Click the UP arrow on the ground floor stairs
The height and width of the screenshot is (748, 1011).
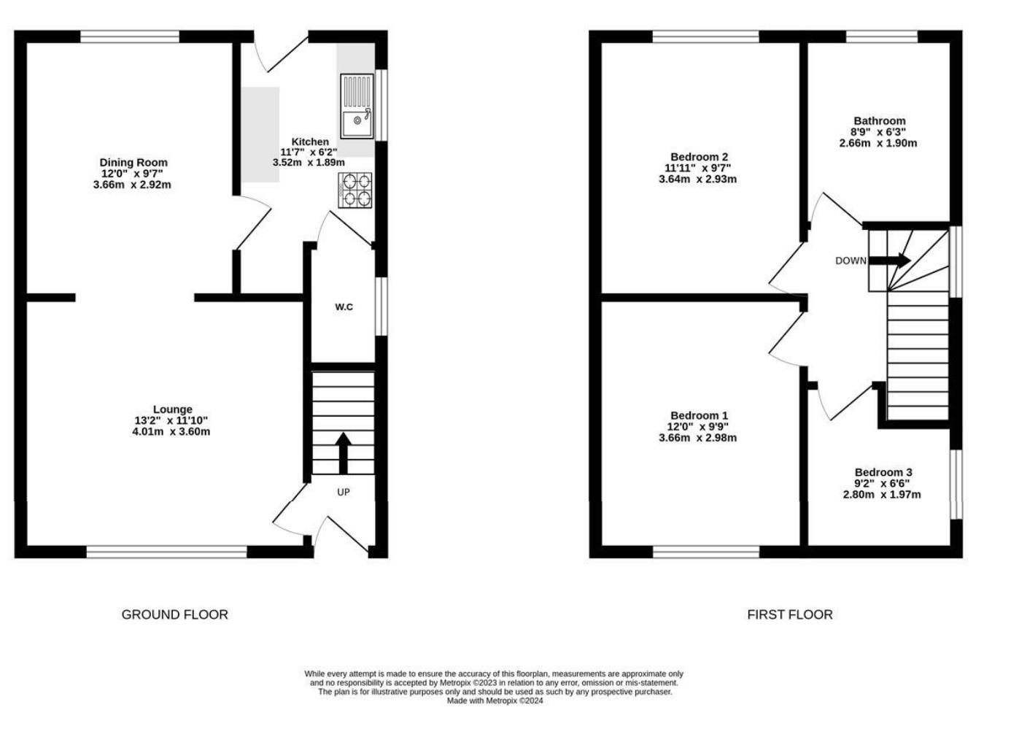point(343,452)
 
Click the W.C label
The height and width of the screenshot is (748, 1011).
point(344,307)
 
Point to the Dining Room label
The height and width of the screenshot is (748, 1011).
point(133,163)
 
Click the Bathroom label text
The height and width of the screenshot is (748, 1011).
point(879,121)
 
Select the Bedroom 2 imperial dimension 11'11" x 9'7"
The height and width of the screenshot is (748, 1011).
point(698,168)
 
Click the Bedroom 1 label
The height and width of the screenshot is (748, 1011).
point(699,416)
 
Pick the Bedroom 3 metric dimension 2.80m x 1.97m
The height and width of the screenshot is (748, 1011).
point(882,494)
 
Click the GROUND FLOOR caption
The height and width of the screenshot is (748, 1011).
point(174,614)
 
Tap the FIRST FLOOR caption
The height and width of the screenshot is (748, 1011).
point(789,614)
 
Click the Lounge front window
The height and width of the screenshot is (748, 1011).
point(166,552)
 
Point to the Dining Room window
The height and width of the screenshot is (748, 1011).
point(130,36)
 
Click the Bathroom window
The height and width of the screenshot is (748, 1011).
point(881,36)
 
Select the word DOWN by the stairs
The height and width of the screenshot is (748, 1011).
point(851,261)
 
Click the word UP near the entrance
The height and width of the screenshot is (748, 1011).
point(344,493)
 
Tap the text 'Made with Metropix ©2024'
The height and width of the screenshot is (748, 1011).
point(495,701)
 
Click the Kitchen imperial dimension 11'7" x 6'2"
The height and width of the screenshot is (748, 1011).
point(309,152)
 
